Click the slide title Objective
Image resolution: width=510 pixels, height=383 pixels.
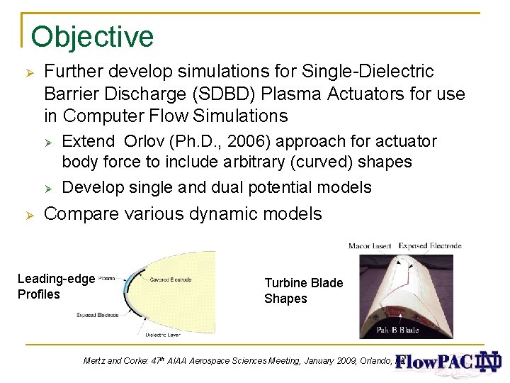click(92, 37)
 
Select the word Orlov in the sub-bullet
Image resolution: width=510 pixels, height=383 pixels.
click(147, 141)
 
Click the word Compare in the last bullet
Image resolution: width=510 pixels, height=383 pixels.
click(81, 213)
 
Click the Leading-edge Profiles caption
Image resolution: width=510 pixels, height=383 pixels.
click(55, 287)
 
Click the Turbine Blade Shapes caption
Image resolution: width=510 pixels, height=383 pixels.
click(303, 291)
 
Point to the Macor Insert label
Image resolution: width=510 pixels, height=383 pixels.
click(371, 246)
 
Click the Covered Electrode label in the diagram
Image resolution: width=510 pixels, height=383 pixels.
click(170, 279)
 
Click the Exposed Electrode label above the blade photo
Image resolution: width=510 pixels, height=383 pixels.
click(430, 246)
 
